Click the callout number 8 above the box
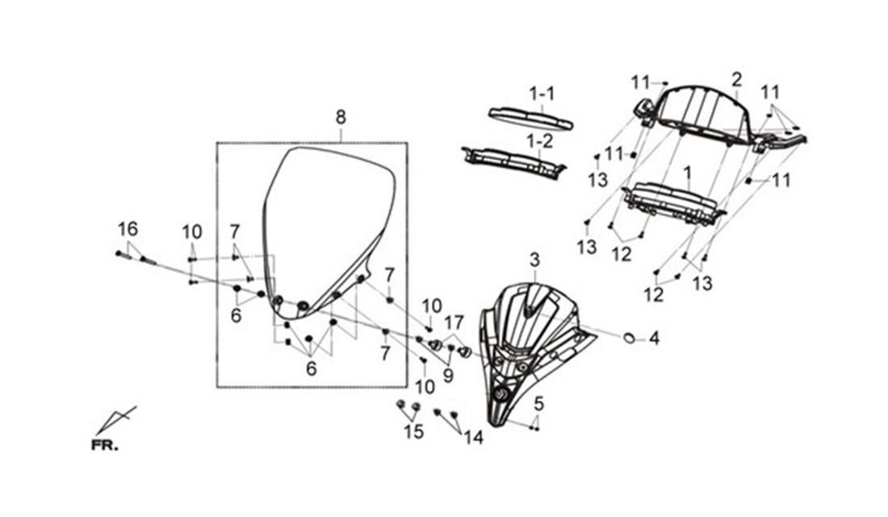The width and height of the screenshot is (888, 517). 340,118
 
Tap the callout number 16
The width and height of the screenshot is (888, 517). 128,229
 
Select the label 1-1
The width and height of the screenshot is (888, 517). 542,94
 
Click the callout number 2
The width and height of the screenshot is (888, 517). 736,79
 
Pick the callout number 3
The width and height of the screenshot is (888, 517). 534,261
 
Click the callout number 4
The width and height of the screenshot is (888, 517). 654,339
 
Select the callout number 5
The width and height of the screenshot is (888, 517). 538,404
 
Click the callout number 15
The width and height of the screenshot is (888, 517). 414,432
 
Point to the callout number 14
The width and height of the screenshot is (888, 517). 473,438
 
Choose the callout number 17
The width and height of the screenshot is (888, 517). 454,323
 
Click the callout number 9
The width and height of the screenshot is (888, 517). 448,376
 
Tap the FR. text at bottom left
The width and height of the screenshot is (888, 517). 105,446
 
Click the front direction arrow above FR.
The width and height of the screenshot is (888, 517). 115,419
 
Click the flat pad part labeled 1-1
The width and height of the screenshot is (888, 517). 530,118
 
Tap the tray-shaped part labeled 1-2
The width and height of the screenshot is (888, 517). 513,162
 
